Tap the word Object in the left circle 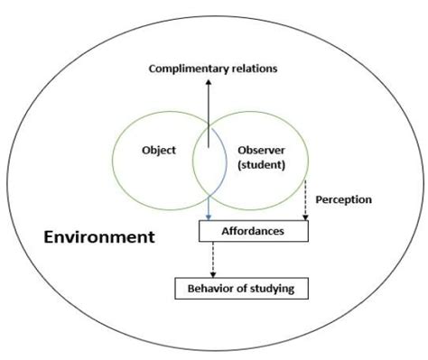(159, 151)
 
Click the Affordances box (253, 231)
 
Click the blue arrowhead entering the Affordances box (209, 217)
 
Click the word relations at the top (250, 69)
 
